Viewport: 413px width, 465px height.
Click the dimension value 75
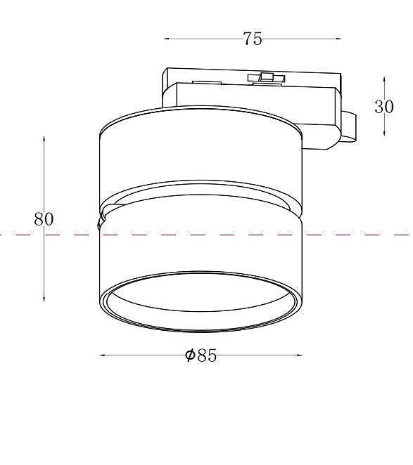point(253,39)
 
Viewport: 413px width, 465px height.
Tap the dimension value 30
point(383,107)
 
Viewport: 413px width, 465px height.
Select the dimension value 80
point(44,218)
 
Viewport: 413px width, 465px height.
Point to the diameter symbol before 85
point(190,355)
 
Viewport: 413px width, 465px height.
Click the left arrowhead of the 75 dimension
point(167,39)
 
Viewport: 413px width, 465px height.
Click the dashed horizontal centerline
point(352,235)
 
